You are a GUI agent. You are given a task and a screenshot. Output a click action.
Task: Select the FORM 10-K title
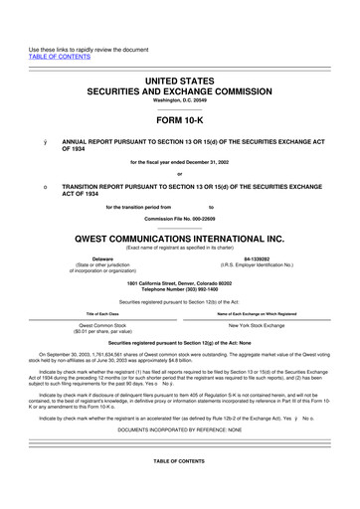coord(179,120)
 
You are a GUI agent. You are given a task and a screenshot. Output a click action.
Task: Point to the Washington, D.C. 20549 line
coord(179,100)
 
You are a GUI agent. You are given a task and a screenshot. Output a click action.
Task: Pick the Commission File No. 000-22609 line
coord(179,218)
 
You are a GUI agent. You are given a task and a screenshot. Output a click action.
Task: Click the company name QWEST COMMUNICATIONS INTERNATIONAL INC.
coord(179,240)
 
